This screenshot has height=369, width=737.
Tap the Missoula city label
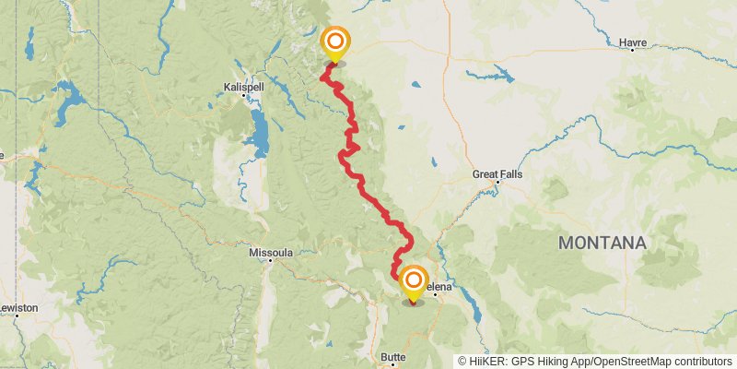271,251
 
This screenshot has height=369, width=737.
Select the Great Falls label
496,173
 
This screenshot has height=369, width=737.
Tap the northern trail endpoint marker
335,42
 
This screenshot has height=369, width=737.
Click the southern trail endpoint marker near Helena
414,280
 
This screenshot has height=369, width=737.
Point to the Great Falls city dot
497,182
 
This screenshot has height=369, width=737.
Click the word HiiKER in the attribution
485,362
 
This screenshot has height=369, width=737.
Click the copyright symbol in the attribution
462,362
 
